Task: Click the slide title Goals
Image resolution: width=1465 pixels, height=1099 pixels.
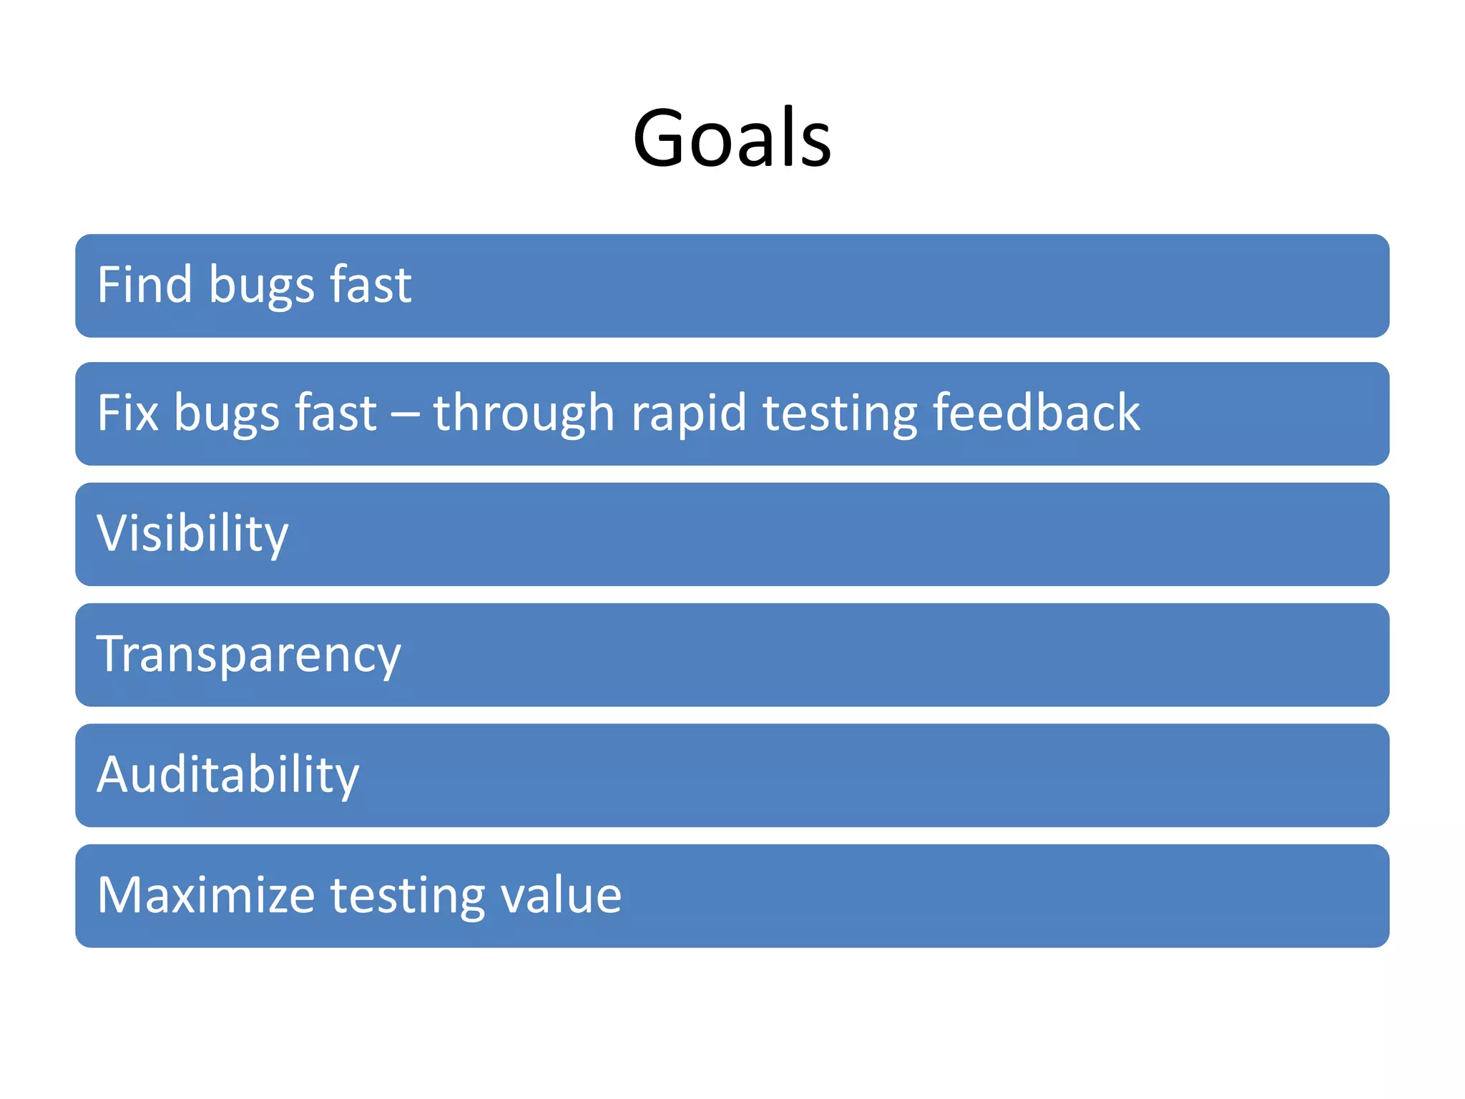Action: (732, 137)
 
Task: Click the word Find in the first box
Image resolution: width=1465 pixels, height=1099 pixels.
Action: (144, 285)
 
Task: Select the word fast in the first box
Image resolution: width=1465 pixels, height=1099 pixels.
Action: (371, 285)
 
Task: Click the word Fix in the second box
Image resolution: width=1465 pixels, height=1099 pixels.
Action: (127, 413)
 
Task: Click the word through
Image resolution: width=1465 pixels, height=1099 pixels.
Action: (524, 413)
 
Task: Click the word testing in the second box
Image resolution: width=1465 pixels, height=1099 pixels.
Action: (840, 414)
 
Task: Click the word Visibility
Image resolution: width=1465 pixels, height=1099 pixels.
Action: (192, 534)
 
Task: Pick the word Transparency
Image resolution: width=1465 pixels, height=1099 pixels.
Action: (248, 655)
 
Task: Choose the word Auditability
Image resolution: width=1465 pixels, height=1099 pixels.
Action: (227, 775)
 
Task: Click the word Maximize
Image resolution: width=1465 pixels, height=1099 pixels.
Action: (206, 895)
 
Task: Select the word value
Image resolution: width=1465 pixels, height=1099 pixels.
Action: (561, 895)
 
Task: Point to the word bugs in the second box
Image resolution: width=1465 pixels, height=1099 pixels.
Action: (226, 414)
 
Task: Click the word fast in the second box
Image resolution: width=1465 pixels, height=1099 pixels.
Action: (335, 413)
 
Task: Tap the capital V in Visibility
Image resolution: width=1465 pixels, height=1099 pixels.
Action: (112, 533)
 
